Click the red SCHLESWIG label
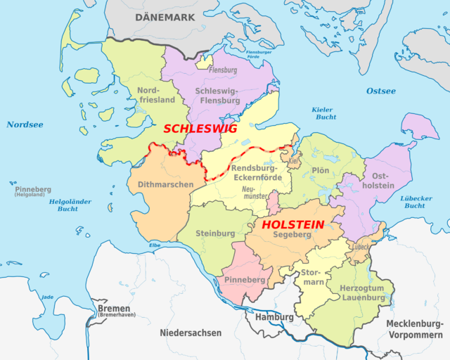200,129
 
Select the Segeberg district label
292,234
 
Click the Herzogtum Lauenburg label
362,292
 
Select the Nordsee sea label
25,124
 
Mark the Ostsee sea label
380,91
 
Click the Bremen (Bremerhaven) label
114,313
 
